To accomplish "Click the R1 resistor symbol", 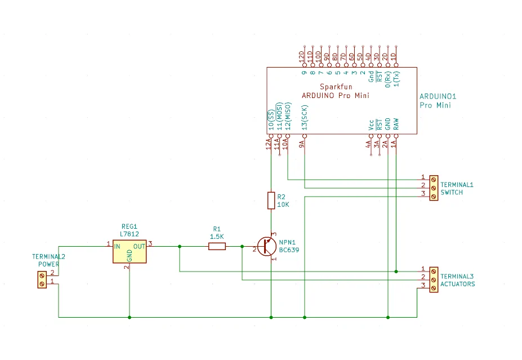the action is click(x=217, y=246).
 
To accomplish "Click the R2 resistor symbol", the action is click(x=271, y=201).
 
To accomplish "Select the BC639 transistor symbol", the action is click(x=267, y=246).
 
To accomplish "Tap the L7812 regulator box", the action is click(x=130, y=251).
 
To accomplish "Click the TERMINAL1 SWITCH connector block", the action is click(x=434, y=188).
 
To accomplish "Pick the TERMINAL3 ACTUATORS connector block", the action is click(x=434, y=280).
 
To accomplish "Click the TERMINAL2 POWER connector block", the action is click(x=42, y=280).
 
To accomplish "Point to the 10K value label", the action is click(x=283, y=205).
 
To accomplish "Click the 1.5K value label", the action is click(x=217, y=237).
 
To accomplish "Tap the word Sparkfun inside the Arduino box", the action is click(x=336, y=87).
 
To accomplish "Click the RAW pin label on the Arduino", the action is click(x=396, y=124).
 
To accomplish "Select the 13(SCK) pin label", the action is click(x=305, y=117).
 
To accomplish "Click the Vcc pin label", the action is click(x=371, y=125).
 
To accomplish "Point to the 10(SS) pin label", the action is click(x=271, y=120).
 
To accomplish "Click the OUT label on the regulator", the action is click(x=139, y=246).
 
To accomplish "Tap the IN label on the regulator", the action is click(x=117, y=246).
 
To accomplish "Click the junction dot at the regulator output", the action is click(x=180, y=246).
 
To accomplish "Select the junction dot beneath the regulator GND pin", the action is click(x=130, y=317).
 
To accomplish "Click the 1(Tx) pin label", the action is click(x=396, y=79).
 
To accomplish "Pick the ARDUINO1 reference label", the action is click(x=438, y=96).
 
